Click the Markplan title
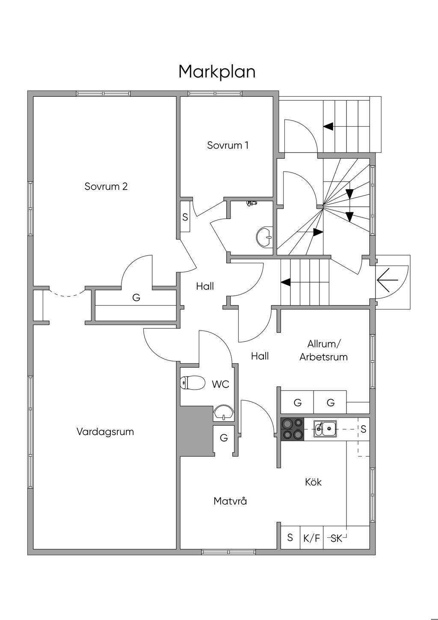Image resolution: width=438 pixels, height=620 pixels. [217, 72]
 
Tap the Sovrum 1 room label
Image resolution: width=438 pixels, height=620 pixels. [228, 145]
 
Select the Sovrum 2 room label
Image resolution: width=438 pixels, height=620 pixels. [106, 187]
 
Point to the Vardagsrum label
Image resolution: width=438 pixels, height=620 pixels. [105, 432]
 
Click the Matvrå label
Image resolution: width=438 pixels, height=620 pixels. [230, 501]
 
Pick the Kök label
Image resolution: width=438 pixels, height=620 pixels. [313, 482]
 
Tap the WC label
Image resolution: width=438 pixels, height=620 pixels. [221, 385]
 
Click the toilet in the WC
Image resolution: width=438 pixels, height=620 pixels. [192, 382]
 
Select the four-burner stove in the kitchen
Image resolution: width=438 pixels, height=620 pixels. [292, 429]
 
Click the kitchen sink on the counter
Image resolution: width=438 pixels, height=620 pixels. [325, 428]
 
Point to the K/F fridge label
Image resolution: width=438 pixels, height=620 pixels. [311, 538]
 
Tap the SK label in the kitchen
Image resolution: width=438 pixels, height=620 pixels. [337, 539]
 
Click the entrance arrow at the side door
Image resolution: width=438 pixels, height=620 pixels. [388, 281]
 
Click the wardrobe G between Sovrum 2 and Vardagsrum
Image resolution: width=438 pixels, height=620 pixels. [136, 297]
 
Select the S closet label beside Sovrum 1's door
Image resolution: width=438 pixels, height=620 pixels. [185, 218]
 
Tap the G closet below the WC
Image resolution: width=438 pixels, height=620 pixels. [224, 438]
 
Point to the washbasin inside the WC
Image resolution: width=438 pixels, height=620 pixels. [223, 413]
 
